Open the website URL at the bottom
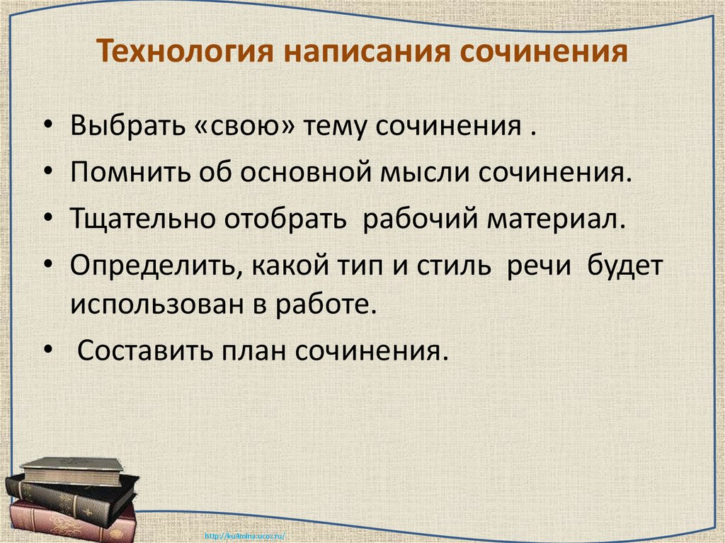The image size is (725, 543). [243, 535]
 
